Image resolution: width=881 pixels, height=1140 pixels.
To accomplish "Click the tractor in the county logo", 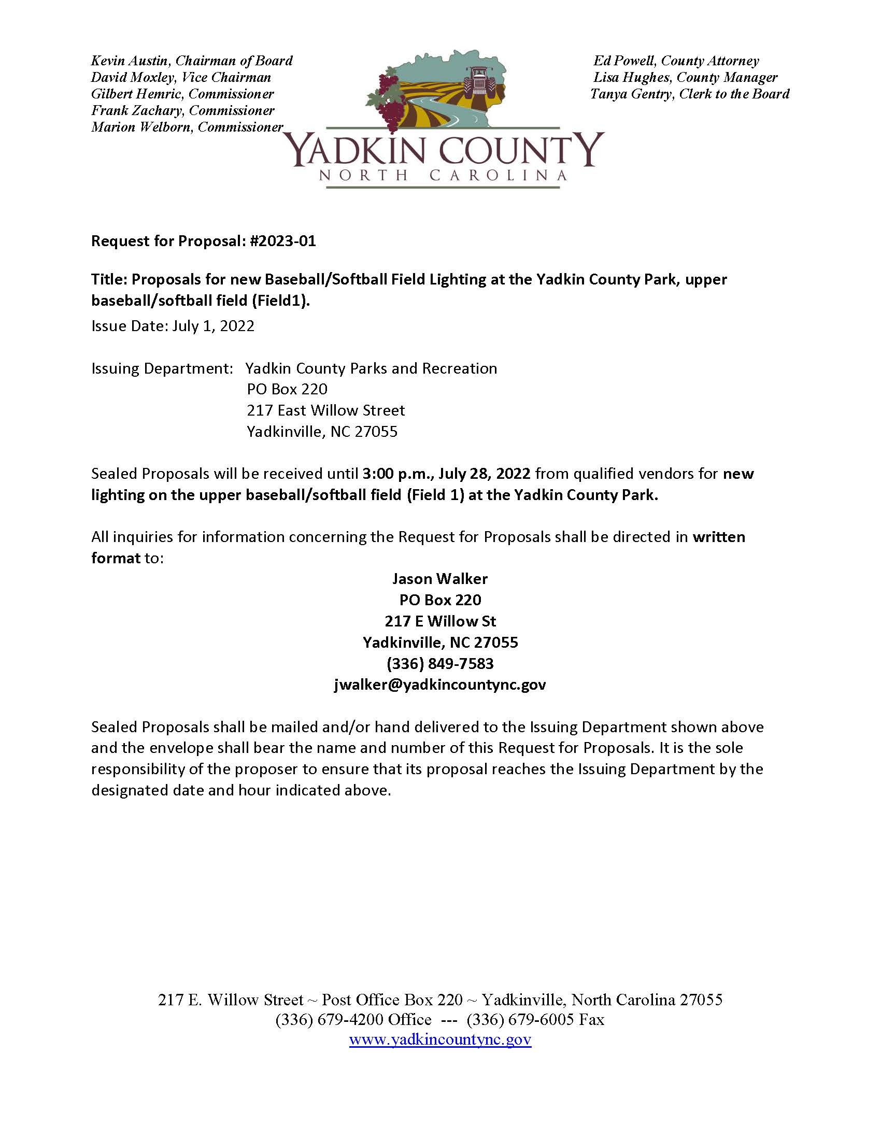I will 479,82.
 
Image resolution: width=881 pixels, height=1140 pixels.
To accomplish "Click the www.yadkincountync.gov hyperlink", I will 440,1039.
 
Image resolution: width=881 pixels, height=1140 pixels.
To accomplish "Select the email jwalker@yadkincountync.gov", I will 440,685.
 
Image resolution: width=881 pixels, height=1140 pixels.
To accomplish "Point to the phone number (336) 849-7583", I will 440,663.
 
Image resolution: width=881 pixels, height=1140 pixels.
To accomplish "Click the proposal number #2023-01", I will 283,241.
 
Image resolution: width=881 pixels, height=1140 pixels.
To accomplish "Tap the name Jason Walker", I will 440,579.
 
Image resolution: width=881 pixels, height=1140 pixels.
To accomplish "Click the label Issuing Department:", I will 162,368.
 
